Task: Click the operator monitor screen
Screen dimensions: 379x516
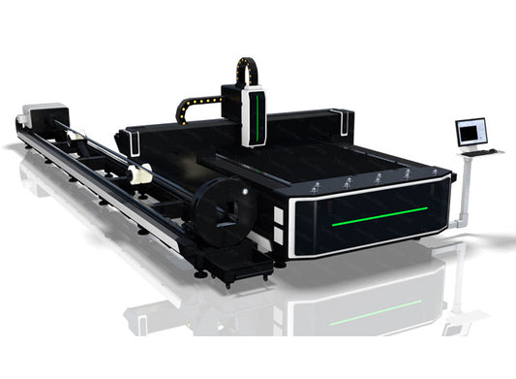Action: pyautogui.click(x=471, y=132)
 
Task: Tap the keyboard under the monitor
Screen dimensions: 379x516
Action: pyautogui.click(x=480, y=151)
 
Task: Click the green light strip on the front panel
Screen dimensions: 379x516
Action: pyautogui.click(x=379, y=214)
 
